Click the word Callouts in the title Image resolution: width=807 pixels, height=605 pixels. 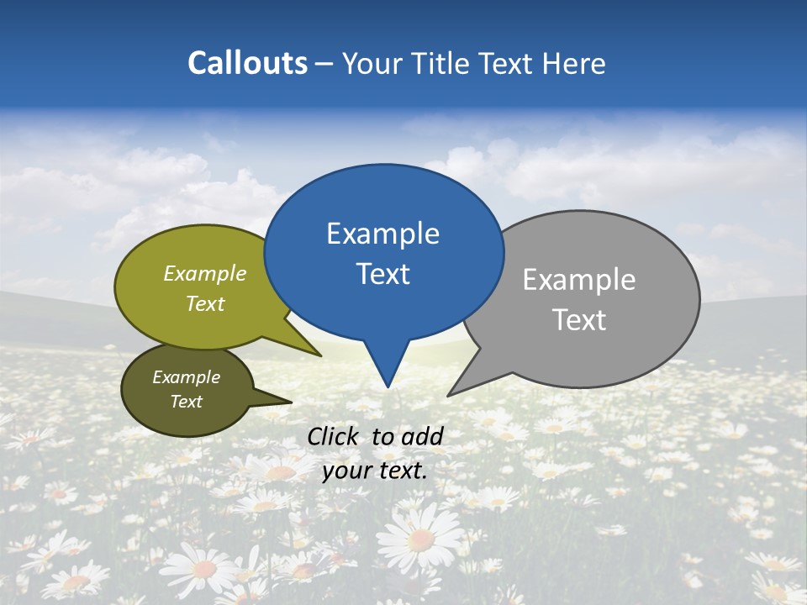coord(247,64)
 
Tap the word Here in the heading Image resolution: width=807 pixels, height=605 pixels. coord(573,64)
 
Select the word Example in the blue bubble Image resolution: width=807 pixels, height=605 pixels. coord(382,234)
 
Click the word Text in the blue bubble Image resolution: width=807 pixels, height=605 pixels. coord(382,274)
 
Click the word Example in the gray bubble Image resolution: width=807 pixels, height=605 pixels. coord(578,280)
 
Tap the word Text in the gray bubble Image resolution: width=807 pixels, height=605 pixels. coord(578,320)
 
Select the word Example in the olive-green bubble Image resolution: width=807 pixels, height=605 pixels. coord(204,274)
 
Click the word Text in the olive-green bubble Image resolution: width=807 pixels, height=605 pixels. coord(204,304)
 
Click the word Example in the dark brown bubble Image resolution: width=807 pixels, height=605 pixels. coord(186,377)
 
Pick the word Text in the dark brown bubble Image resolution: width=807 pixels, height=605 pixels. coord(186,402)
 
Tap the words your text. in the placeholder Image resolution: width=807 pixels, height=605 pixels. coord(374,471)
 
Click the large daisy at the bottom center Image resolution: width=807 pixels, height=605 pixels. coord(420,538)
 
